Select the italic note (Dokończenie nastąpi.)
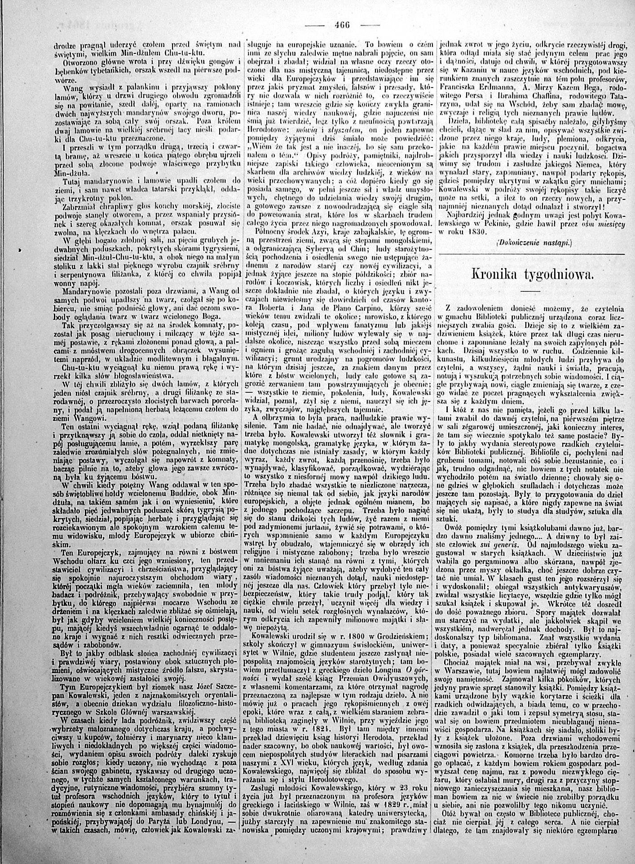pyautogui.click(x=529, y=242)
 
